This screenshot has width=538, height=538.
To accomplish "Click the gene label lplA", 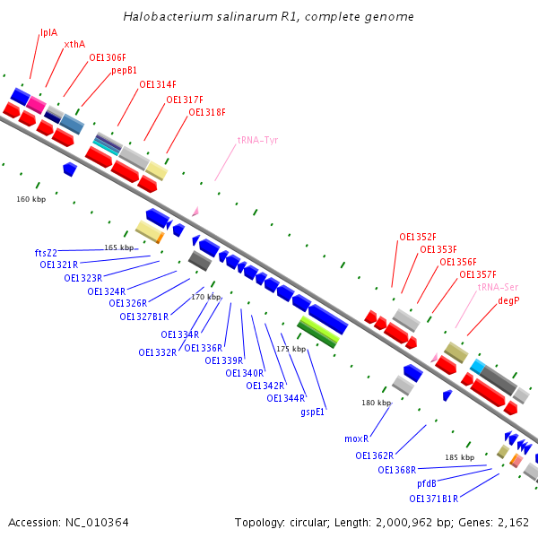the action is pos(48,33).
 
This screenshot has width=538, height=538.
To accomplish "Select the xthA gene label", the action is pos(74,44).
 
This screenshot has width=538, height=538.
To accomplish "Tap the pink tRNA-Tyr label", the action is pos(257,141).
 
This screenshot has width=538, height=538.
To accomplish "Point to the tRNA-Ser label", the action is pos(498,287).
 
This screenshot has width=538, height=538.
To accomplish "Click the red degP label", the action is pos(508,300).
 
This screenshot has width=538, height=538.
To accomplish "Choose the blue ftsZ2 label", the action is pos(46,253).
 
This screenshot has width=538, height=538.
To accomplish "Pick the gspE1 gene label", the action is pos(312,412).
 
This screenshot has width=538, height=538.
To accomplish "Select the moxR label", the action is pos(357,438).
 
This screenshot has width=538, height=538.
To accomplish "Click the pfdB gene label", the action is pos(427,484).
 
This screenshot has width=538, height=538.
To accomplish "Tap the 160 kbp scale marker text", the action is pos(30,199).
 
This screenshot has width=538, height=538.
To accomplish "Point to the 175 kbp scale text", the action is pos(291,349).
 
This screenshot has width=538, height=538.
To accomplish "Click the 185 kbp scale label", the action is pos(459,457).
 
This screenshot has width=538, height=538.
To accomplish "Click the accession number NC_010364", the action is pos(97,523).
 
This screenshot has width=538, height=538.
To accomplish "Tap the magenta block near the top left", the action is pos(36,105).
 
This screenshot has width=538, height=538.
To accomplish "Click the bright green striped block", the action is pos(318,332).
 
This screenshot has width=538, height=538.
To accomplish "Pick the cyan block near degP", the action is pos(477,367).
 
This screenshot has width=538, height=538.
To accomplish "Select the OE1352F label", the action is pos(418,237).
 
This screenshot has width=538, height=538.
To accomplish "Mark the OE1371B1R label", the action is pos(433,499).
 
